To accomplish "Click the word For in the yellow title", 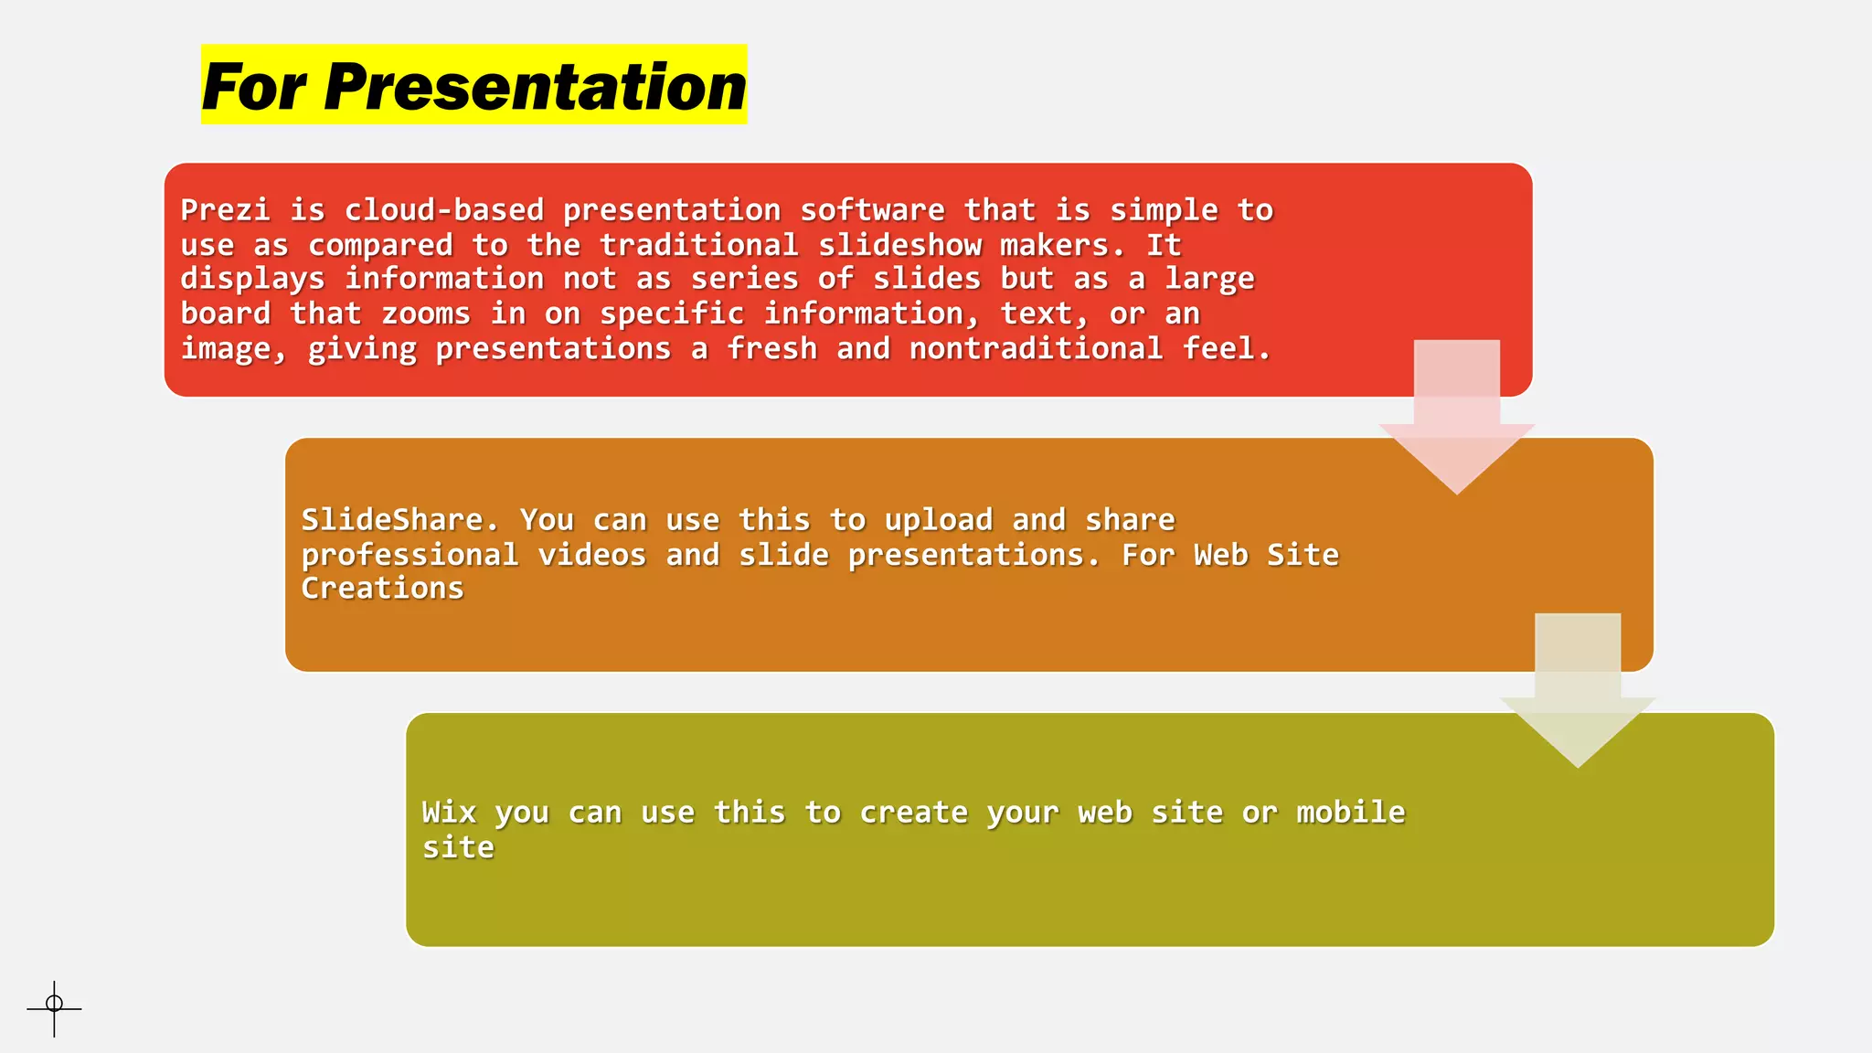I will coord(253,88).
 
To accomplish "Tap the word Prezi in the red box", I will coord(225,210).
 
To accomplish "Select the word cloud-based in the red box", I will coord(443,210).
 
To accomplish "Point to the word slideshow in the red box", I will coord(899,245).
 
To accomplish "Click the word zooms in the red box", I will coord(425,314).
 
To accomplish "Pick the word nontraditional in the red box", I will coord(1036,348).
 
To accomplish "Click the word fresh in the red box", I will coord(771,348).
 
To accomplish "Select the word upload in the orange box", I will coord(938,520).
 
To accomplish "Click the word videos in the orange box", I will coord(591,555).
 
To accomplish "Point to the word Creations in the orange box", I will coord(382,589).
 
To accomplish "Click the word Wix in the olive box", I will coord(449,813).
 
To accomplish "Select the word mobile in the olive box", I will coord(1350,813).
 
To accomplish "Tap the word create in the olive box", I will coord(913,813).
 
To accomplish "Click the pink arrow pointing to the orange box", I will coord(1456,420).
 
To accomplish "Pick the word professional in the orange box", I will coord(409,555).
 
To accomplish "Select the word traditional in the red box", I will coord(698,245).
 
